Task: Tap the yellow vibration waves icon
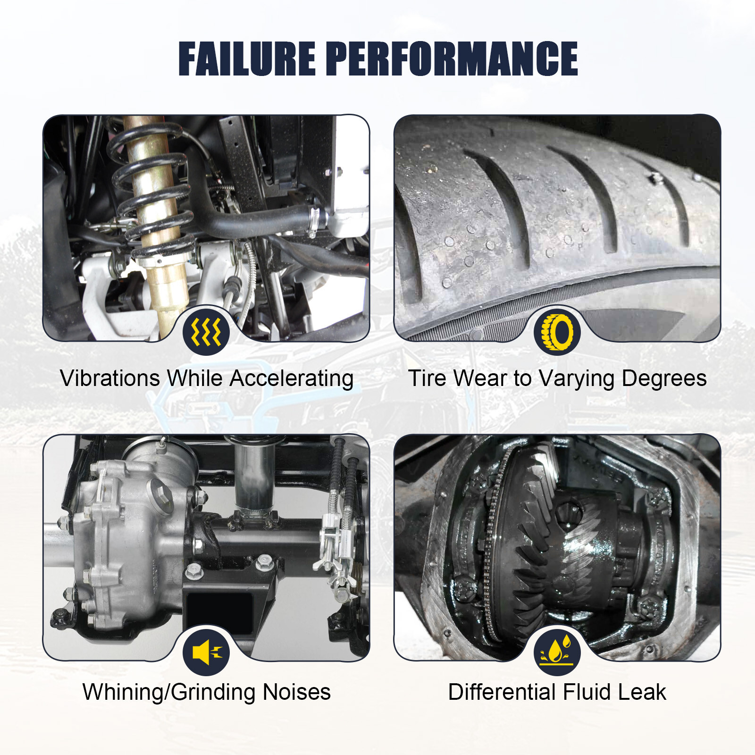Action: [206, 331]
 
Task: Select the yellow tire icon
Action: [557, 331]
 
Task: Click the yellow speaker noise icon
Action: [206, 652]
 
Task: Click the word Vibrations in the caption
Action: [110, 378]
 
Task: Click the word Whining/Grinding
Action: [169, 693]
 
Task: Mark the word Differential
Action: [502, 693]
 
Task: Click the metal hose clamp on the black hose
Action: [315, 220]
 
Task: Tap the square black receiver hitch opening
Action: [219, 612]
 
